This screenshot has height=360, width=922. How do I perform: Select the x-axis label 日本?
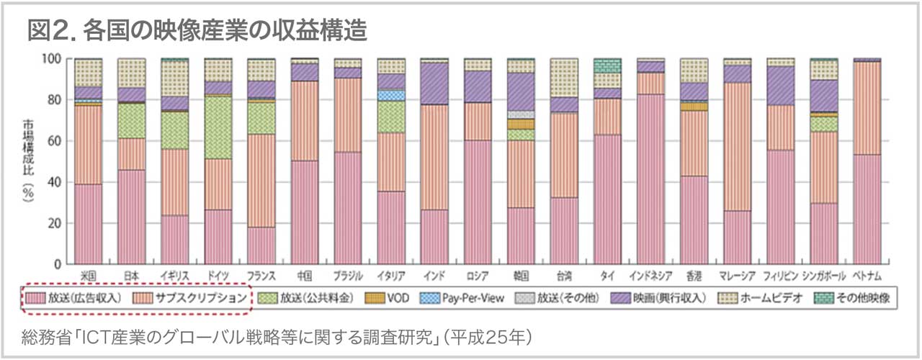(x=131, y=276)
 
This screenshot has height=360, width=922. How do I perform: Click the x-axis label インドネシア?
(x=650, y=276)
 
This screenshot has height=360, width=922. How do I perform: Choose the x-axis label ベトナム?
(x=867, y=276)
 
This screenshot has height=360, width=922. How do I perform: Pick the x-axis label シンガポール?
(x=823, y=276)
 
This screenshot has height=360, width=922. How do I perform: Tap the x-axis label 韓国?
(x=521, y=276)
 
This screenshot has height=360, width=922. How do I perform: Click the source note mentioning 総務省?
(x=277, y=336)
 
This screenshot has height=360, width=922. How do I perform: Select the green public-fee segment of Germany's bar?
(x=218, y=127)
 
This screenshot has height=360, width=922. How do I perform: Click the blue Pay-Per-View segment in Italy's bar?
(x=391, y=95)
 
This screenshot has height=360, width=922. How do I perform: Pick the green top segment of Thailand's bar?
(x=607, y=66)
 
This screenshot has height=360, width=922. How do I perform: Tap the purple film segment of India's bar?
(x=434, y=84)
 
